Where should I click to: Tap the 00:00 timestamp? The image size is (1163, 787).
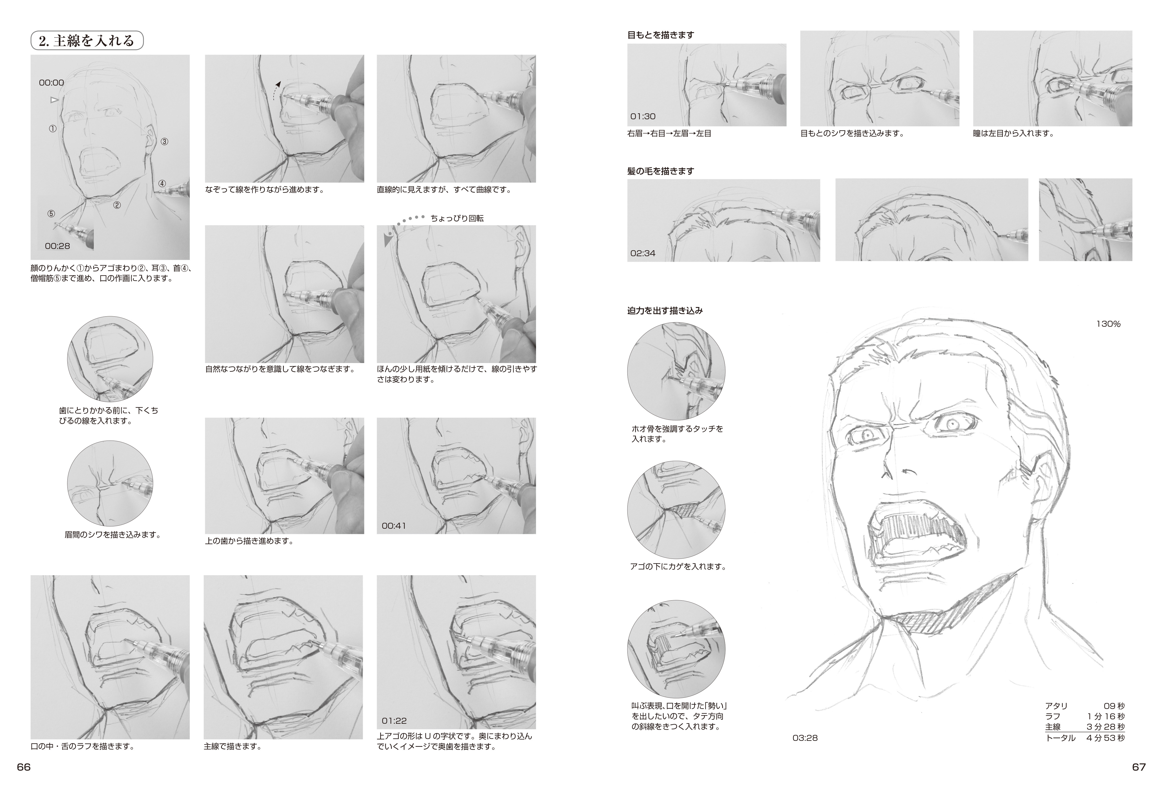point(52,83)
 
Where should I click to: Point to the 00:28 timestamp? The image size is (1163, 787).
point(58,246)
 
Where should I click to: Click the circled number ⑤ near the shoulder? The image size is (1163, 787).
point(51,214)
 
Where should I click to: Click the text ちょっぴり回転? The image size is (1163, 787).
point(457,218)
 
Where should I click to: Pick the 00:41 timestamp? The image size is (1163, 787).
point(394,526)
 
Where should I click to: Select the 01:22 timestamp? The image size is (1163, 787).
point(394,721)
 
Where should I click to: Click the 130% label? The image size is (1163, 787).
point(1109,324)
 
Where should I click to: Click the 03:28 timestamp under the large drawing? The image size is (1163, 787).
point(805,738)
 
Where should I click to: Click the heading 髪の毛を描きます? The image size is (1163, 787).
point(661,171)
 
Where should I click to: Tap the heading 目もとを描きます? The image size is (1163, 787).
point(661,35)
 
